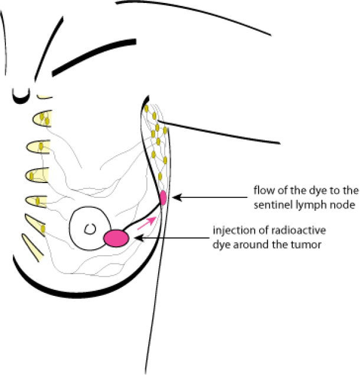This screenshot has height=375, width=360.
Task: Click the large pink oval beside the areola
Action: (x=116, y=237)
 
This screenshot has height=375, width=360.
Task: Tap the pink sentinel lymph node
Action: (x=163, y=197)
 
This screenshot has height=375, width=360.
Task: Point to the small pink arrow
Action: (x=151, y=222)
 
